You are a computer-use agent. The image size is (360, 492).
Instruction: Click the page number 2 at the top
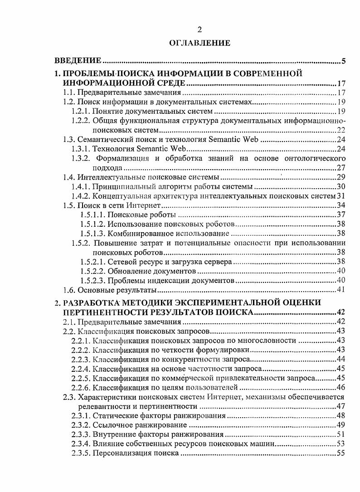(199, 30)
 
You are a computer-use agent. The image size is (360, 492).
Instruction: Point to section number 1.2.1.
(81, 111)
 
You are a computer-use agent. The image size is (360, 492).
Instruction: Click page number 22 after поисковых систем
(341, 130)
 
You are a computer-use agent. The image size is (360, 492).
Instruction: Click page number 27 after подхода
(341, 167)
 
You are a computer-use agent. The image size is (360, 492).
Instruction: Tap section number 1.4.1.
(81, 186)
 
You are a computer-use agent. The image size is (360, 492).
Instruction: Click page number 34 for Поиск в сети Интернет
(341, 205)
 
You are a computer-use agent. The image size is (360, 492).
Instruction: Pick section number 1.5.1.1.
(92, 214)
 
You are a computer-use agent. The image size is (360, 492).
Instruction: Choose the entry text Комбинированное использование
(168, 234)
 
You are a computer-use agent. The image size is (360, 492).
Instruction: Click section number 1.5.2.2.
(92, 271)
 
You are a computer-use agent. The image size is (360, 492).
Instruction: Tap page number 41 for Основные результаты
(341, 290)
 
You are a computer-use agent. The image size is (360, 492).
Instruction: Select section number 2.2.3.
(81, 359)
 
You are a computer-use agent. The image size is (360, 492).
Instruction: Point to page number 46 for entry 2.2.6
(341, 387)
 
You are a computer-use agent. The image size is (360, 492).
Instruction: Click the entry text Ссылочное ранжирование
(140, 425)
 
